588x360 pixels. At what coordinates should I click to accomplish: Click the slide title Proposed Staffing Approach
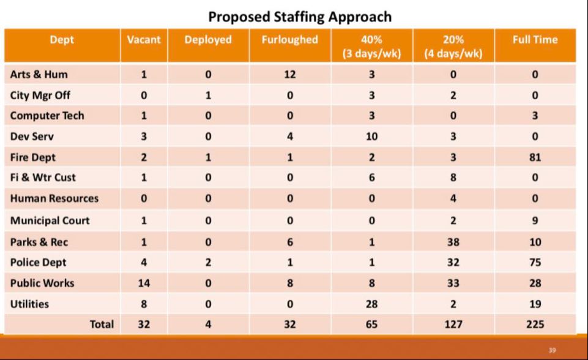299,16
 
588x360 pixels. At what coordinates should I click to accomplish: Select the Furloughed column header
290,40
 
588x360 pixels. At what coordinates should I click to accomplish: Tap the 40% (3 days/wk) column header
372,46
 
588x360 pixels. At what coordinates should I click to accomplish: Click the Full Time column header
535,40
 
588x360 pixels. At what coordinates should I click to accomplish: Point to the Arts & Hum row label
39,74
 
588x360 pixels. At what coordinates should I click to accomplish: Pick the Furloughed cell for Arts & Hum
290,75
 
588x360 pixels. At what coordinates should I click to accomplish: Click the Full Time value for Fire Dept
535,157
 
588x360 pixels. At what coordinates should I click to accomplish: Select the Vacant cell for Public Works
144,283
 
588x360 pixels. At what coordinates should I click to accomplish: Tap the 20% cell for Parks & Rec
453,242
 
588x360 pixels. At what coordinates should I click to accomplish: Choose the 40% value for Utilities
372,304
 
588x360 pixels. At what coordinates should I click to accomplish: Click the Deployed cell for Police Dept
208,263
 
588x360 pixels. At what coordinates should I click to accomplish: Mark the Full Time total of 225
535,324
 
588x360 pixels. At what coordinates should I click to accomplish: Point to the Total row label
102,324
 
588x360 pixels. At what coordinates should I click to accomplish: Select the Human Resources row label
54,198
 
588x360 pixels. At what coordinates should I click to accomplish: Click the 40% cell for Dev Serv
372,137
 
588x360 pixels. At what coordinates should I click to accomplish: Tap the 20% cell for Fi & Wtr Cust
453,178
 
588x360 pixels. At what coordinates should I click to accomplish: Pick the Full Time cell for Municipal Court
535,220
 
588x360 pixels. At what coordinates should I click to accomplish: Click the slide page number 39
553,350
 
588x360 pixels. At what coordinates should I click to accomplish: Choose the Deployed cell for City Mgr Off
208,96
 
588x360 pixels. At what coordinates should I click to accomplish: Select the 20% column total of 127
453,324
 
